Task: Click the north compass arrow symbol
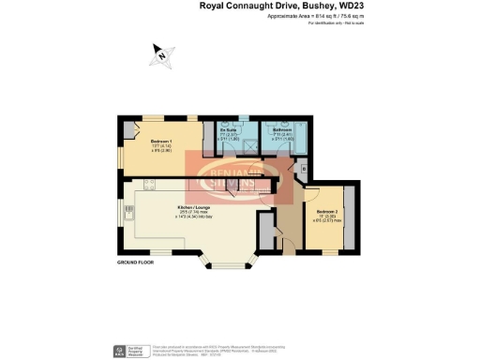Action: pyautogui.click(x=161, y=56)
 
